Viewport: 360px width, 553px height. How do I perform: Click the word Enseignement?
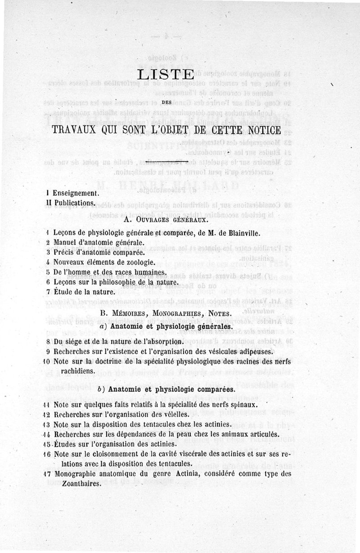pyautogui.click(x=75, y=193)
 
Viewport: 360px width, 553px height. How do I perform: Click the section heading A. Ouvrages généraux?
pyautogui.click(x=165, y=220)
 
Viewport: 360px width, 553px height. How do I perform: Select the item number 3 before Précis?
pyautogui.click(x=47, y=252)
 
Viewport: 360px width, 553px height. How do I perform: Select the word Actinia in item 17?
pyautogui.click(x=174, y=474)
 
